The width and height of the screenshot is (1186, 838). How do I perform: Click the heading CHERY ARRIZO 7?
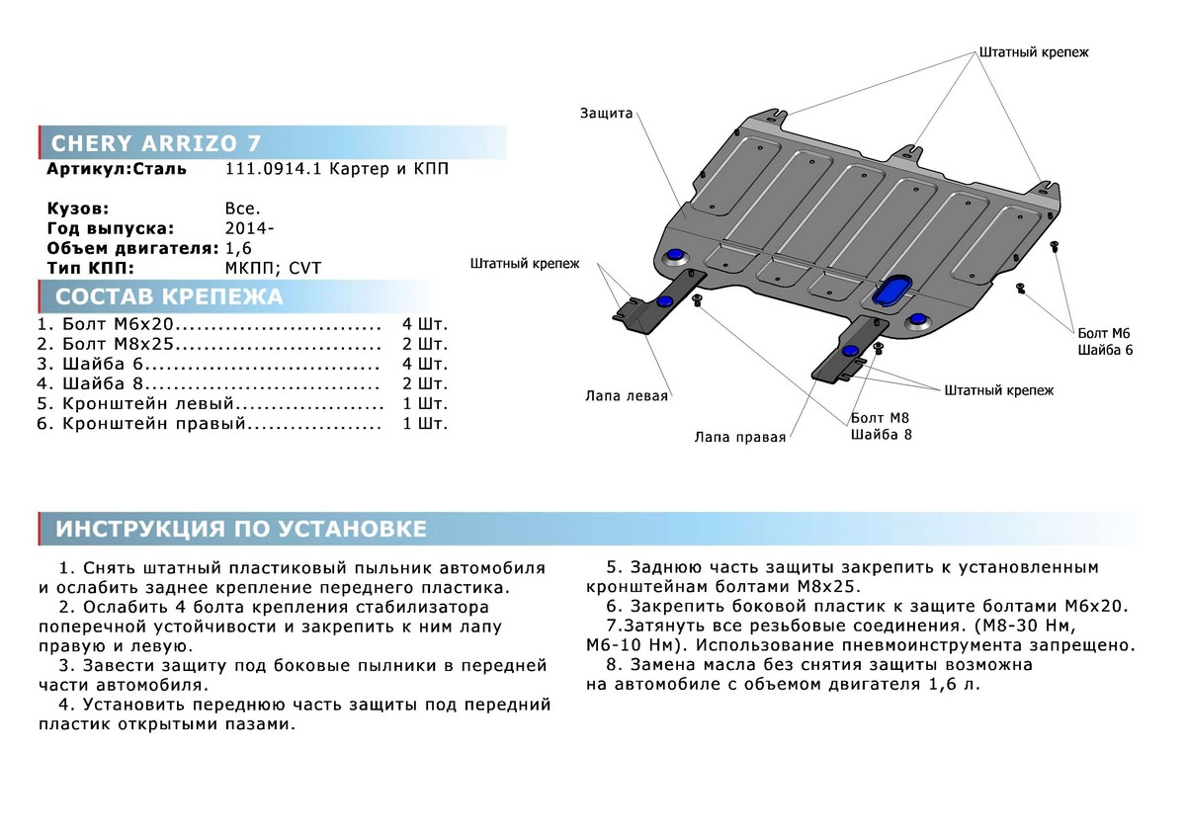156,142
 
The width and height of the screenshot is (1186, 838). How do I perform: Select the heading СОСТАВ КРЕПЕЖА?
169,297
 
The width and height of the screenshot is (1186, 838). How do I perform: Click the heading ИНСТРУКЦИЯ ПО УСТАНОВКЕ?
241,529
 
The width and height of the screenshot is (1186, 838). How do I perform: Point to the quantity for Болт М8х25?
425,344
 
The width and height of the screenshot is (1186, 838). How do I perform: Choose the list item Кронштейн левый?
148,403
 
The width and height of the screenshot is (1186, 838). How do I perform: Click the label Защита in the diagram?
606,114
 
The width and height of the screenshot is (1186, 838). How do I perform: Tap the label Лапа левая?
627,396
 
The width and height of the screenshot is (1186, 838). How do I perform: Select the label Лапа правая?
739,436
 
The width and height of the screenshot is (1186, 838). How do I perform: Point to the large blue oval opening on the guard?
892,288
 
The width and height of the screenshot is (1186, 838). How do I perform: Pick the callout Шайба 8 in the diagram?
881,434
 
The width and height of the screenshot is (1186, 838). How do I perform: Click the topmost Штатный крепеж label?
1034,52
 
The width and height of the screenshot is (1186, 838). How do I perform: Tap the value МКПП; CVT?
273,268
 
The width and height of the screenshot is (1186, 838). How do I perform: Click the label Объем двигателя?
131,248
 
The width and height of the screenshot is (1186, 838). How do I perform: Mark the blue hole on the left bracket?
665,300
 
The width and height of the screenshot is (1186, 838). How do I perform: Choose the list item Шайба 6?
104,364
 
